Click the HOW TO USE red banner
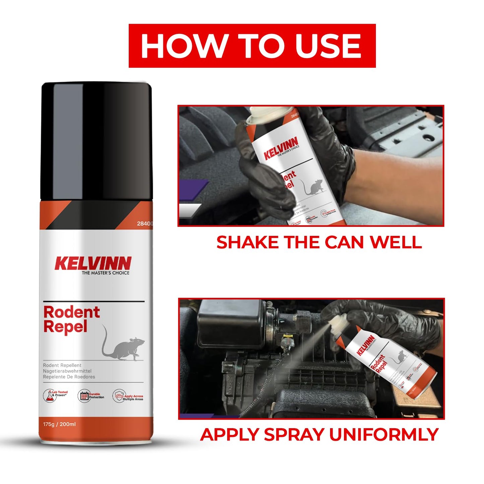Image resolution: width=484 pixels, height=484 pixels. (252, 46)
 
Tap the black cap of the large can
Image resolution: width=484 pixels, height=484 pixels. (96, 141)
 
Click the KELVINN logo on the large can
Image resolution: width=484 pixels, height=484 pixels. (93, 263)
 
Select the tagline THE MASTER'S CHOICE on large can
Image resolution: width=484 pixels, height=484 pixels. (105, 273)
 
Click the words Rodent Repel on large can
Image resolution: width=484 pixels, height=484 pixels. (71, 319)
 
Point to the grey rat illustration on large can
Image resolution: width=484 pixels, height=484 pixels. (124, 347)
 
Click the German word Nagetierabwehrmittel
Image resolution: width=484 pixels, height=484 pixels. (67, 371)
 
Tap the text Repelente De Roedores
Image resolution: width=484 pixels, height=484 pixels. (69, 377)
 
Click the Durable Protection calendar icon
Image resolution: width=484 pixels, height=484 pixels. (84, 396)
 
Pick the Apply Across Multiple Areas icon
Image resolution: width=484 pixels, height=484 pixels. (119, 396)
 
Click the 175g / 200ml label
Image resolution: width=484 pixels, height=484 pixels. (59, 424)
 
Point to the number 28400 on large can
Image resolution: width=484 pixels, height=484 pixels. (144, 223)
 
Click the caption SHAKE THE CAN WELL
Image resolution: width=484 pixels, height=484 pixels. (319, 242)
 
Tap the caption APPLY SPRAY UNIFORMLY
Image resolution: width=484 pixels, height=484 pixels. (319, 435)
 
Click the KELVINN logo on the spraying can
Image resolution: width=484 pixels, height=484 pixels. (365, 345)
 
